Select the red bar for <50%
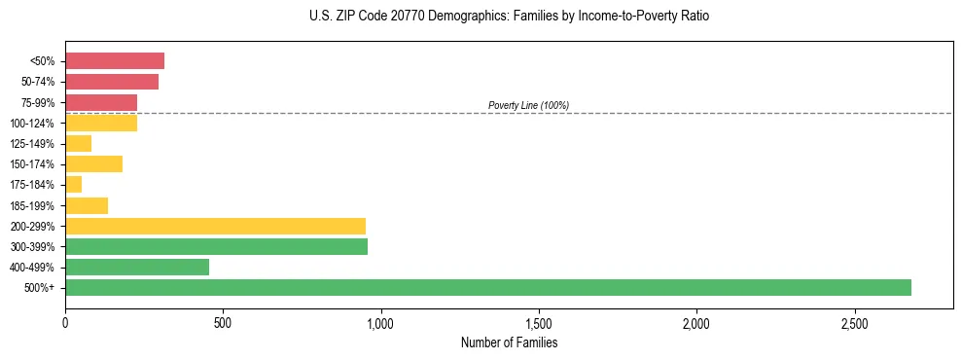click(x=115, y=61)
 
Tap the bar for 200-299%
click(x=215, y=226)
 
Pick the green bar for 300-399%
click(x=216, y=246)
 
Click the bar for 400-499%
click(x=137, y=267)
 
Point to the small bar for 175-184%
click(x=74, y=184)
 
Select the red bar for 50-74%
click(x=112, y=82)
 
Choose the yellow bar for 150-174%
click(x=93, y=163)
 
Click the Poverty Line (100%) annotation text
click(x=528, y=105)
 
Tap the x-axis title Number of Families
click(x=509, y=342)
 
